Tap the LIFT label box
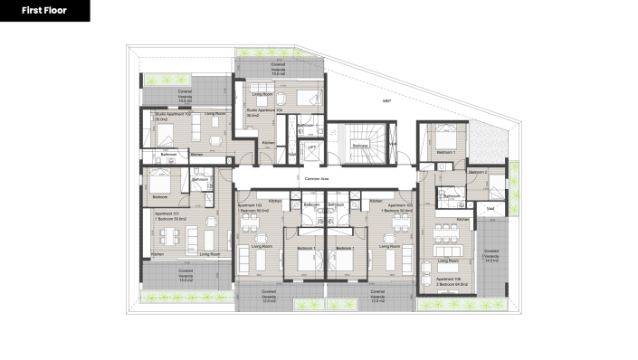(311, 147)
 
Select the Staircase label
(360, 145)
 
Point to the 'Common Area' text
(316, 180)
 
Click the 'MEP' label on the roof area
(386, 100)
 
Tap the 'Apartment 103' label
(250, 207)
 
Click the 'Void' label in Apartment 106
(490, 208)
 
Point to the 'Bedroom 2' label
(478, 172)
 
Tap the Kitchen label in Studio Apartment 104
(268, 143)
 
